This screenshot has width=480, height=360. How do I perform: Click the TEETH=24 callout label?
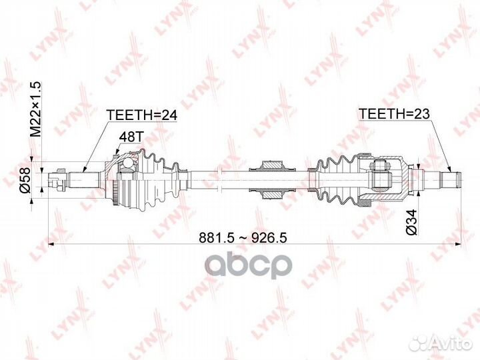[142, 115]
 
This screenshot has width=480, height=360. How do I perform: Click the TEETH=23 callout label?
[395, 114]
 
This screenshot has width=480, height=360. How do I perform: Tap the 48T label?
[131, 137]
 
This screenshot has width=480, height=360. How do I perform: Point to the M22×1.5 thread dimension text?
[35, 109]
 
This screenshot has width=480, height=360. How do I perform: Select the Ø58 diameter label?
[25, 180]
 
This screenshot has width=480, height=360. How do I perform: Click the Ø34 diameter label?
[412, 222]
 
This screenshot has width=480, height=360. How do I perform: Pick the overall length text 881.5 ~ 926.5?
[243, 237]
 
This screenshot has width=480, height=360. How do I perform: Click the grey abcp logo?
[249, 265]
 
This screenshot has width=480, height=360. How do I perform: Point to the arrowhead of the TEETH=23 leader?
[451, 170]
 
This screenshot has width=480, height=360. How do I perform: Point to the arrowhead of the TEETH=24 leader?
[83, 171]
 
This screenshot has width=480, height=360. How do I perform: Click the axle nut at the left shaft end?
[57, 180]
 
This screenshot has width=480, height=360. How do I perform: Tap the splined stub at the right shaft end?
[450, 179]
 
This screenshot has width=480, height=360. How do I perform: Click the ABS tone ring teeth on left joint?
[115, 192]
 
